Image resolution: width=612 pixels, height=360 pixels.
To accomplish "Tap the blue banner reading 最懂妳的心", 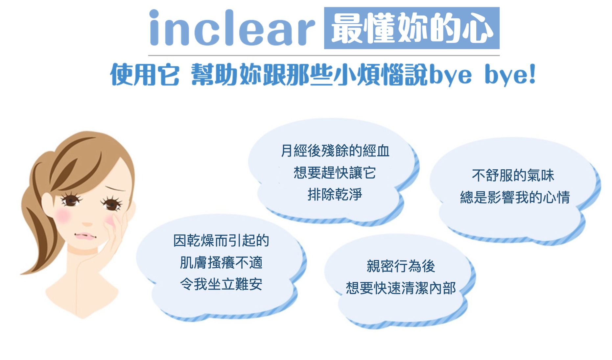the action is pos(412,28).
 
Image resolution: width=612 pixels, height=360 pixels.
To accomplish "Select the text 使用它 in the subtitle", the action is pos(145,74).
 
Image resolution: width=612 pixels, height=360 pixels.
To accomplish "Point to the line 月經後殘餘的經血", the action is pos(335,151).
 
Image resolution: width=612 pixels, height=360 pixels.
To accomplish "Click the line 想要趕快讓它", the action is pos(335,173).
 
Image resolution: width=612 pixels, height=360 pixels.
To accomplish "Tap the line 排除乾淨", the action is pos(335,194).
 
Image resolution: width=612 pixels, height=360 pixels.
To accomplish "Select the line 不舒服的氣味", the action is pos(513,175).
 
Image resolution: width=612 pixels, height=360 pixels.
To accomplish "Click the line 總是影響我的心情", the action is pos(515,197).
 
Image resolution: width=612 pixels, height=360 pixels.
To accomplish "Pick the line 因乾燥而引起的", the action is pos(221,241).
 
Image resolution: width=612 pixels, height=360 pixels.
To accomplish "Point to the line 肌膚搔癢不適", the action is pos(221,263).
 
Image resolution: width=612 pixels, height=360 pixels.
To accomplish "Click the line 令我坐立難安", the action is pos(221,284).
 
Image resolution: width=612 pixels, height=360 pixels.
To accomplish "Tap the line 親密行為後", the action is pos(401,266).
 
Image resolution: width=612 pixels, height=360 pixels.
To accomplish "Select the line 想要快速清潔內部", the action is pos(401,288).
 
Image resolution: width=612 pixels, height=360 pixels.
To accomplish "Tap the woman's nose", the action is pos(87,224).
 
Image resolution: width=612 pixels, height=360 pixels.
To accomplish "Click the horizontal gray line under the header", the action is pos(324,55).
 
